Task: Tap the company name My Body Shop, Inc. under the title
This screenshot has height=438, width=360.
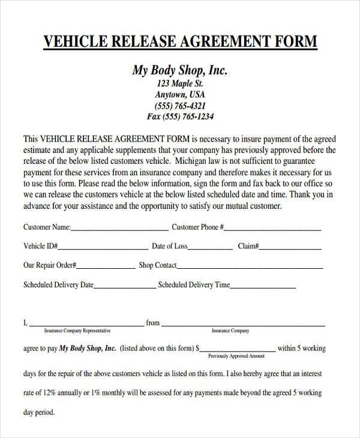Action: pos(180,70)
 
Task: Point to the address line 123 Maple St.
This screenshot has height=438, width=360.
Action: pos(180,83)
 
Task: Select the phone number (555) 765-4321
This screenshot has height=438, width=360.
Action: pos(180,106)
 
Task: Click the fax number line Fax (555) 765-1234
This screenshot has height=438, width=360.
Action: pos(180,116)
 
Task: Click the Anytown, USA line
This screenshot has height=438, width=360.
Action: pos(180,94)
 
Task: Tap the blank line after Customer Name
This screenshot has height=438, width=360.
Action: pos(119,229)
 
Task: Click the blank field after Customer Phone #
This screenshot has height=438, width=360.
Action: pos(272,229)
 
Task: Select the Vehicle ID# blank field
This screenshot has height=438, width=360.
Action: pos(103,247)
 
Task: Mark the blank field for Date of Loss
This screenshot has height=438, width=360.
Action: pos(211,247)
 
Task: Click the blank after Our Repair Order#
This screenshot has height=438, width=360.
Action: pos(105,266)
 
